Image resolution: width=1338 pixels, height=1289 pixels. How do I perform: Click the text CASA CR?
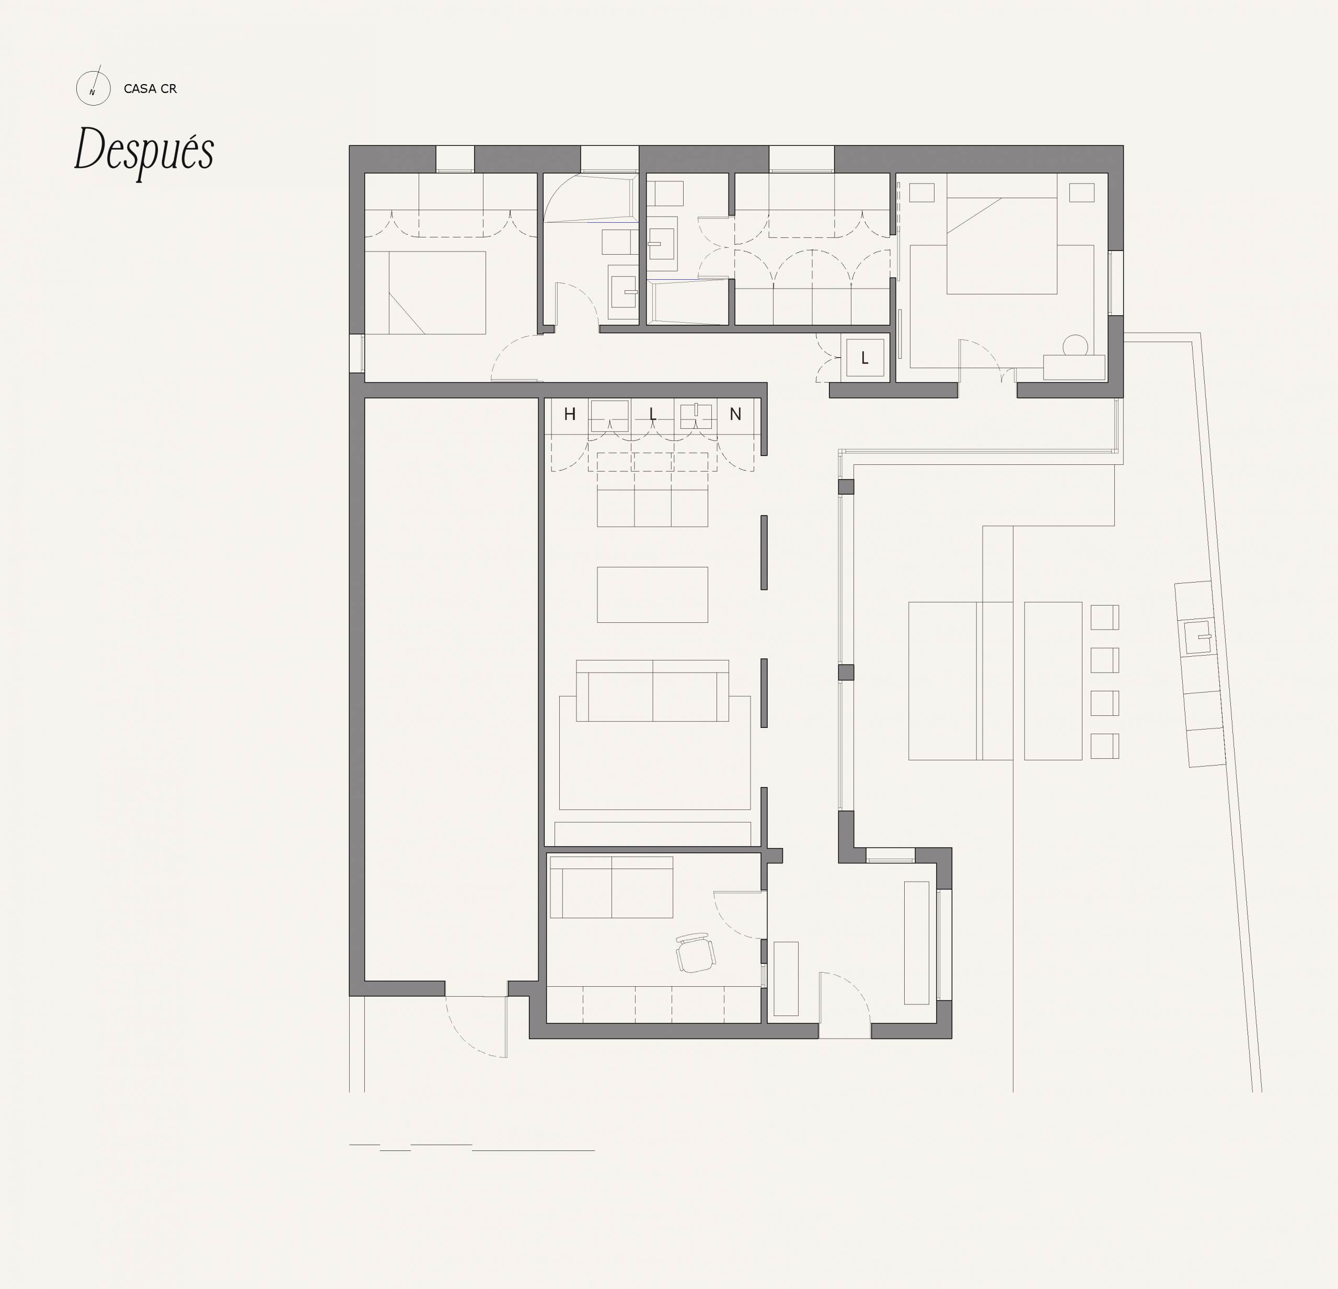click(x=150, y=89)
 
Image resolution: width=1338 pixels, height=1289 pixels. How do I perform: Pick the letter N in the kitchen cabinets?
click(x=735, y=414)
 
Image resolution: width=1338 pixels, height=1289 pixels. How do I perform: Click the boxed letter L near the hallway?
click(x=865, y=358)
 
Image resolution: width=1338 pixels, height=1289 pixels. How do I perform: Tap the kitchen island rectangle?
click(x=653, y=594)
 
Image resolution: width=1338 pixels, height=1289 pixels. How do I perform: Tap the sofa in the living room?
click(x=653, y=691)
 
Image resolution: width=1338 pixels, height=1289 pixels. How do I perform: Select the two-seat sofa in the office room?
click(x=612, y=887)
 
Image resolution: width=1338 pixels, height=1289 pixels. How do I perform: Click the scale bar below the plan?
click(x=472, y=1147)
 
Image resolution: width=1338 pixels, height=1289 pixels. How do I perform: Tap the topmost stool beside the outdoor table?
click(x=1104, y=618)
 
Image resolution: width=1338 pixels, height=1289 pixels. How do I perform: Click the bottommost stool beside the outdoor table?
click(x=1104, y=746)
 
